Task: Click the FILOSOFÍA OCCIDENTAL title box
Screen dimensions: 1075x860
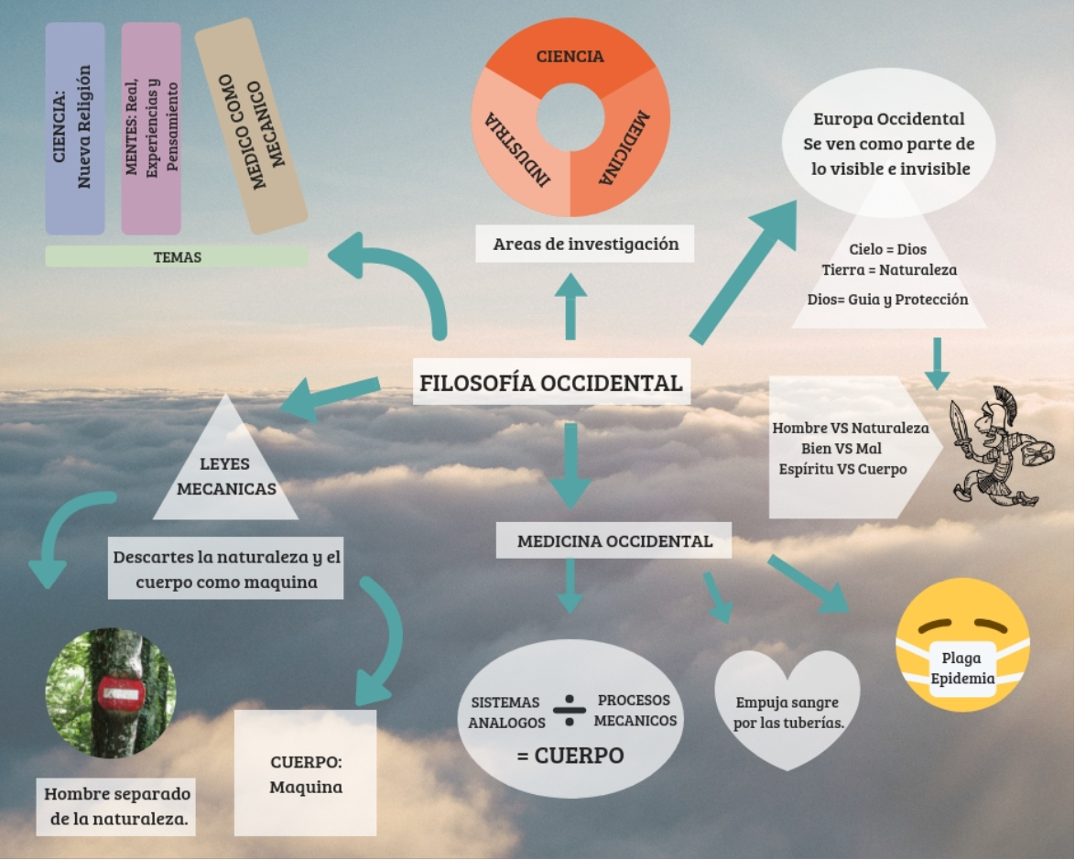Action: point(551,381)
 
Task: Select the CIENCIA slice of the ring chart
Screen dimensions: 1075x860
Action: point(570,56)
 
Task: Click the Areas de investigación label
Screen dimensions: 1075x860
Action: point(585,244)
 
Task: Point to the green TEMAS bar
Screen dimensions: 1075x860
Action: point(177,256)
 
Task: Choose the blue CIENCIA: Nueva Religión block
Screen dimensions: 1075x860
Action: point(75,128)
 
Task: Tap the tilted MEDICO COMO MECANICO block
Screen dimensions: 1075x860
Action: point(252,126)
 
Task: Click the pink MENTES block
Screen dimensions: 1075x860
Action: point(151,128)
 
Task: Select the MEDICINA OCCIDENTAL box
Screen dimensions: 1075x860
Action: point(614,540)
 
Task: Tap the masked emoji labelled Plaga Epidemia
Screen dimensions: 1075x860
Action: point(962,646)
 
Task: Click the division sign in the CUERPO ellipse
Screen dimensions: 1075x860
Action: point(569,711)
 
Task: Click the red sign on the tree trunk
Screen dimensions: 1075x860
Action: point(120,693)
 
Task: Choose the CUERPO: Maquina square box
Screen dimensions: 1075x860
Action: point(305,773)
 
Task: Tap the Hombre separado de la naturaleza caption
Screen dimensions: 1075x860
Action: point(116,807)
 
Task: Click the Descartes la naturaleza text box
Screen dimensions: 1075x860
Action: point(225,569)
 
